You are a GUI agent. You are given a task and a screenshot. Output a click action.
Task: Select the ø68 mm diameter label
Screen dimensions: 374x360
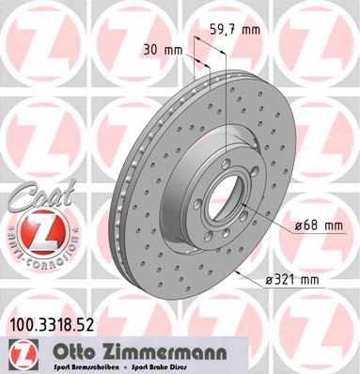tap(316, 226)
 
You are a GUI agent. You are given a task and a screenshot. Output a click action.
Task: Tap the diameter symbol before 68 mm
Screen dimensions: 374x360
tap(297, 226)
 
